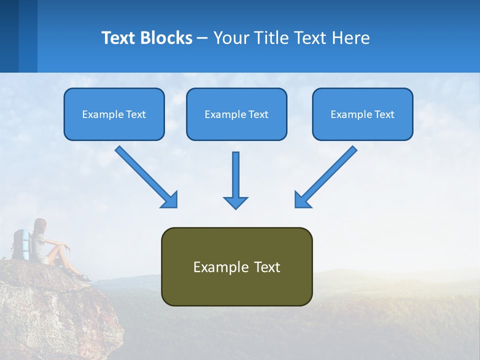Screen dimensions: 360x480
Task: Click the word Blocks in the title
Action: [165, 38]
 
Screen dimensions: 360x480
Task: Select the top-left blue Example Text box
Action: [114, 114]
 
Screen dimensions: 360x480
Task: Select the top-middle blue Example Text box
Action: [236, 114]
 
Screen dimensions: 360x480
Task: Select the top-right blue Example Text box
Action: [362, 114]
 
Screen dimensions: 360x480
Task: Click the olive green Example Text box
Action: [236, 267]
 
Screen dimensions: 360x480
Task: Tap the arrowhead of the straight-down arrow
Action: [235, 202]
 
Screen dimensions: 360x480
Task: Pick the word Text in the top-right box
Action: [384, 114]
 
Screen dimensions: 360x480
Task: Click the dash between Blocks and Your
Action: [202, 38]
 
